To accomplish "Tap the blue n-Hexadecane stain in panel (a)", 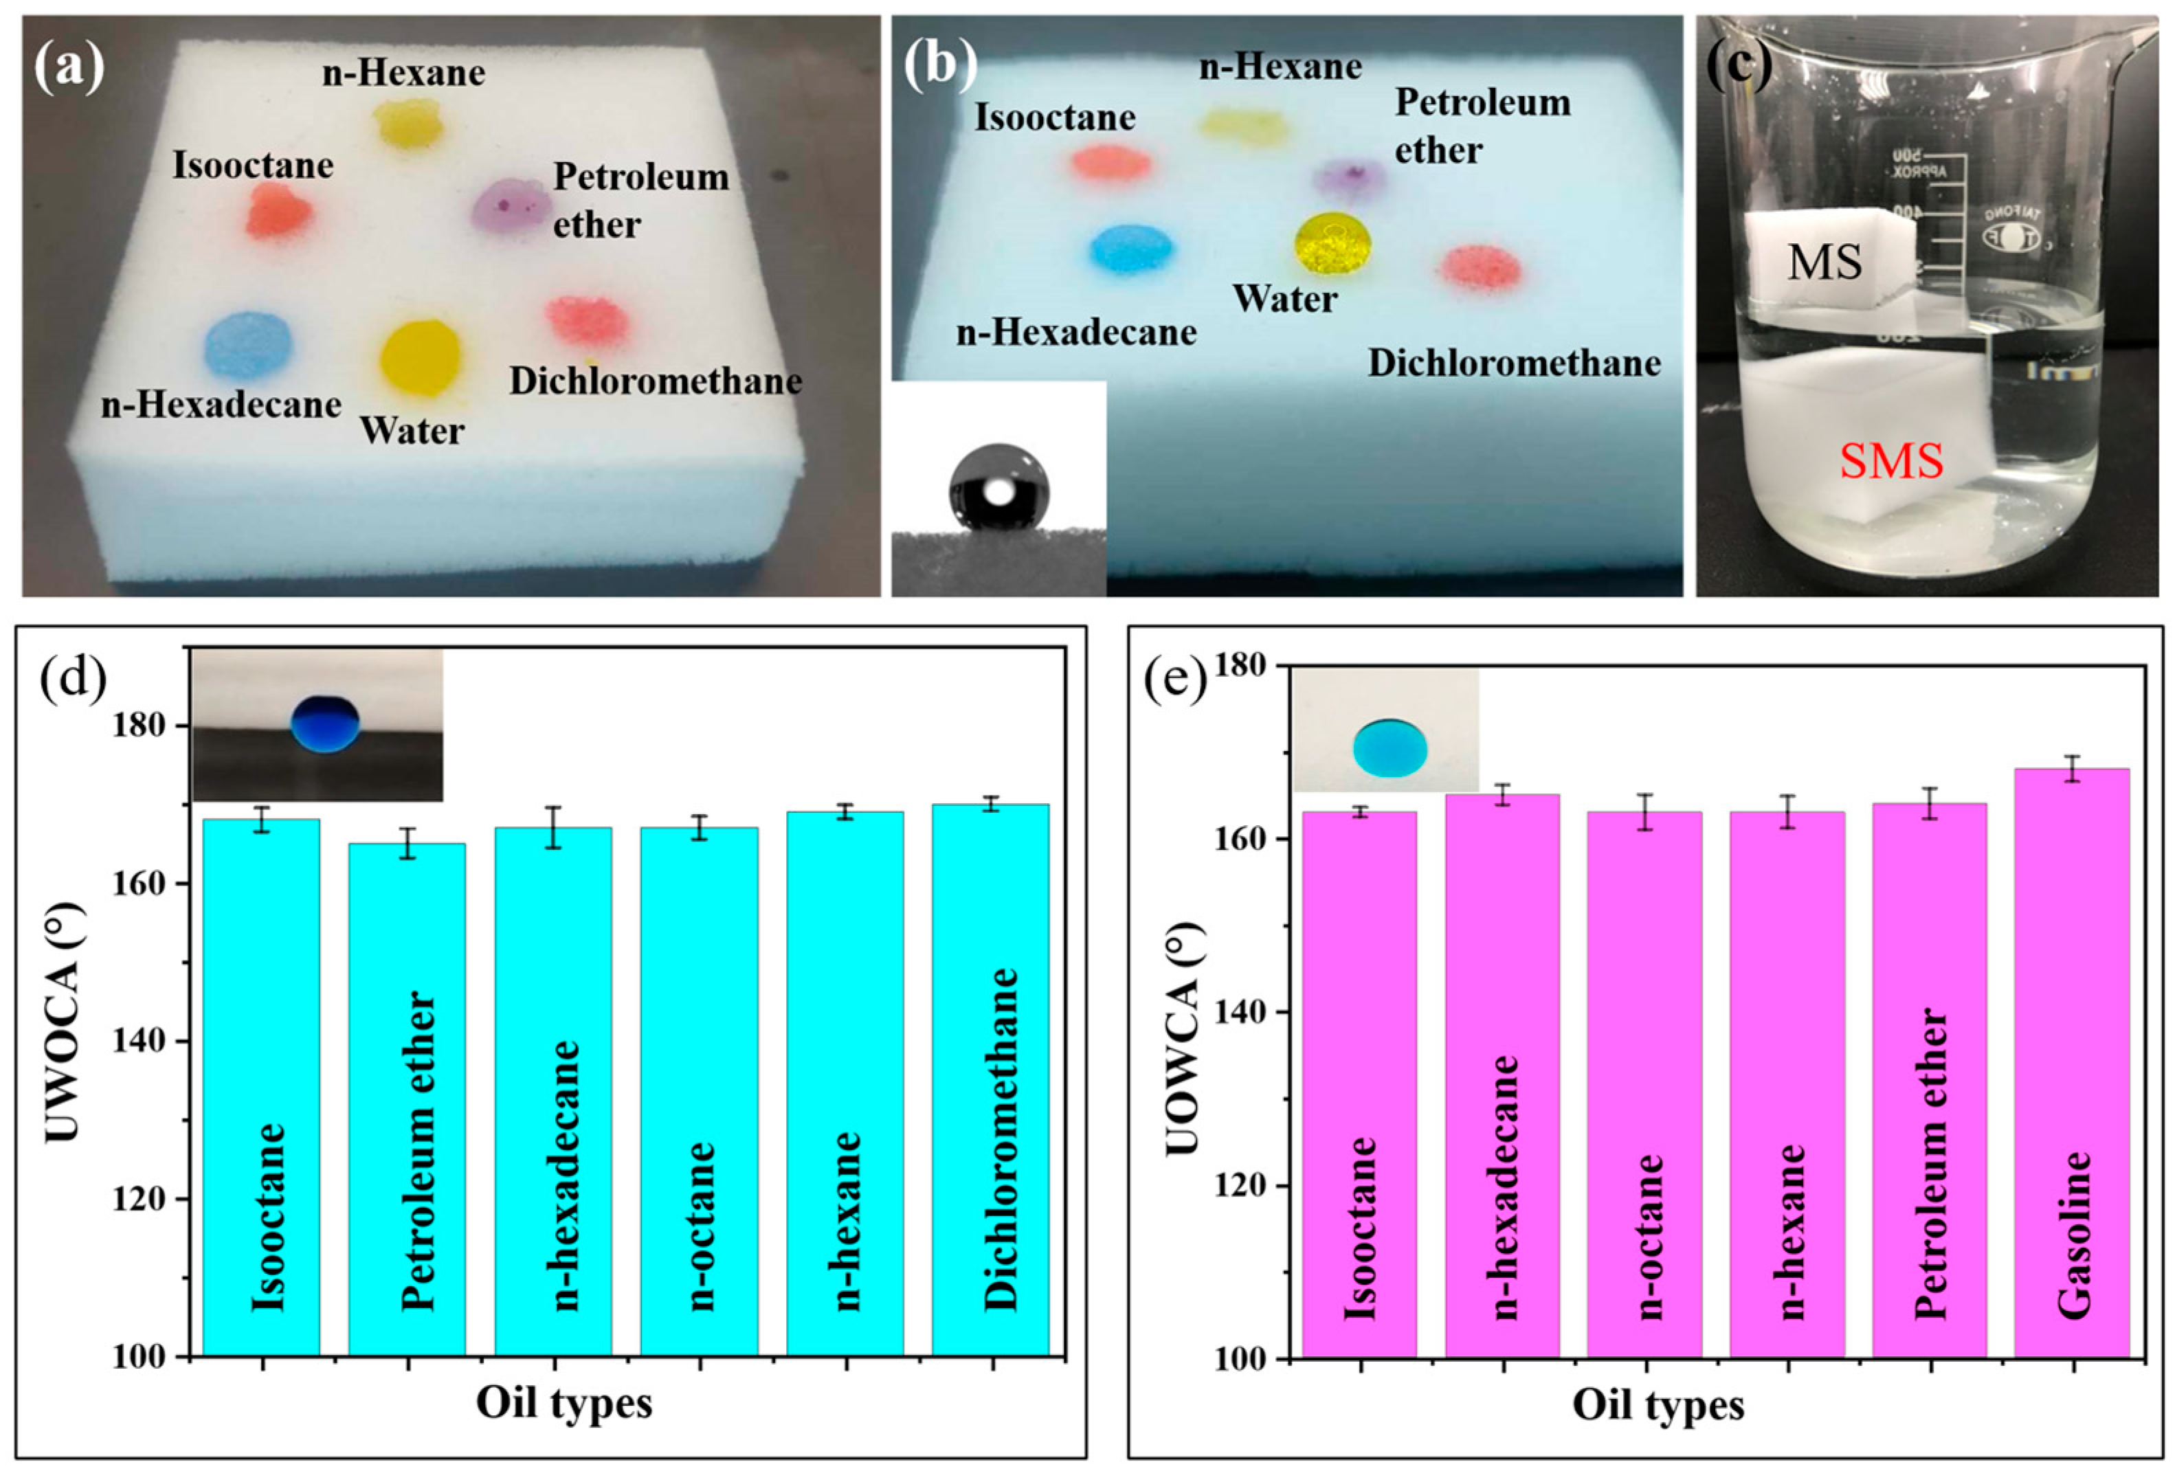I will (x=249, y=346).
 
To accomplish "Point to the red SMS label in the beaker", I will (x=1890, y=461).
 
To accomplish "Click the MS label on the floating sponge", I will (x=1824, y=262).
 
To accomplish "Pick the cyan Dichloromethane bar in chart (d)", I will (x=991, y=1077).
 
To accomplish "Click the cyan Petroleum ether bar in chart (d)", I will (x=407, y=1096).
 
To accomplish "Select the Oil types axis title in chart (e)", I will (x=1658, y=1405).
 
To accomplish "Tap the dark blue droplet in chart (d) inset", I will (x=325, y=724).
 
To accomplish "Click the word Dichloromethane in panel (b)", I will (x=1514, y=363).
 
